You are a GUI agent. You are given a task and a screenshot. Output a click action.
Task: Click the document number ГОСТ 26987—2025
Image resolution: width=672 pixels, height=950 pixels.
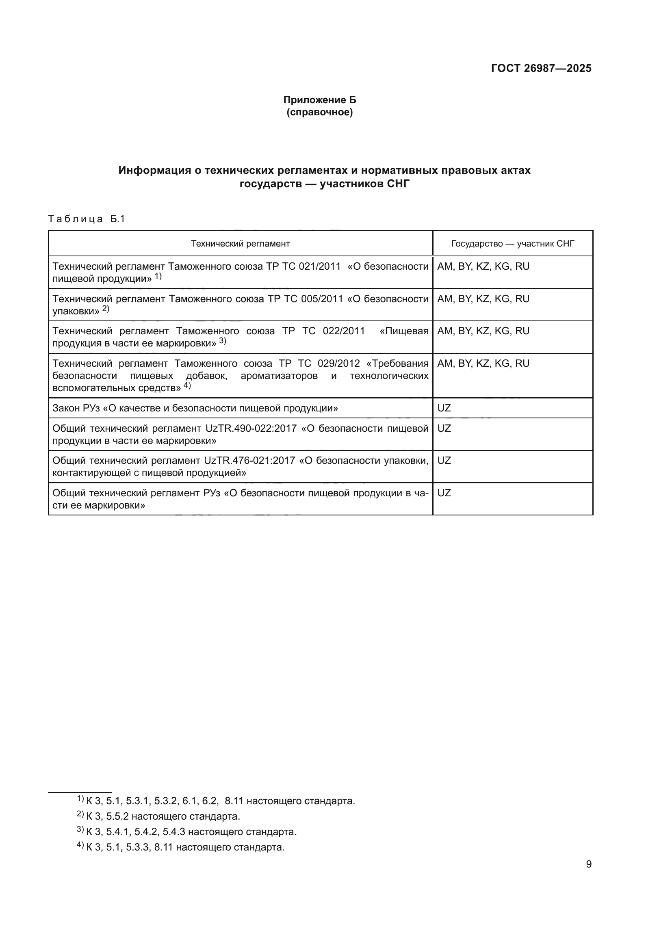coord(541,68)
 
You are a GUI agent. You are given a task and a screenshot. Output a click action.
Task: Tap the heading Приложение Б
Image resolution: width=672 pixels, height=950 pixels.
coord(319,100)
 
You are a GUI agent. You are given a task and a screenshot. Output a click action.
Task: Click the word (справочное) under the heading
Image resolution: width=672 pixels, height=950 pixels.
coord(319,112)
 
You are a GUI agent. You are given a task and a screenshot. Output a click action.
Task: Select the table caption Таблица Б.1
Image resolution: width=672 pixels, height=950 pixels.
coord(87,219)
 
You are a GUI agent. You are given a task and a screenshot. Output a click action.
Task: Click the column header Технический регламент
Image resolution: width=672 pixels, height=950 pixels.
coord(240,244)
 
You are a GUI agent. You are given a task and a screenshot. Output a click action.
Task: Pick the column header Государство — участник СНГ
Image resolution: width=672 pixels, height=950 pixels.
coord(512,244)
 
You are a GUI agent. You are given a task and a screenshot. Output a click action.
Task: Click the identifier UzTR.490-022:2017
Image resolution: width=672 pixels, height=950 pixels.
coord(251,428)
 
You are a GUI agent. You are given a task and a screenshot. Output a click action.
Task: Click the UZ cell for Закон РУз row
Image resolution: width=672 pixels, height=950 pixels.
coord(444,408)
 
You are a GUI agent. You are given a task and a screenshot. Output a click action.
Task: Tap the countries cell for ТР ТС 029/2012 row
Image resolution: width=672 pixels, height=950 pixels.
coord(483,363)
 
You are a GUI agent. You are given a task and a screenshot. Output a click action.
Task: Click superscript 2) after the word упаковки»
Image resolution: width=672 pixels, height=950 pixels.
coord(106,309)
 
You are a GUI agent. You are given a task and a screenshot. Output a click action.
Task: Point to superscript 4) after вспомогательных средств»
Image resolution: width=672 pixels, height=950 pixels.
coord(187,385)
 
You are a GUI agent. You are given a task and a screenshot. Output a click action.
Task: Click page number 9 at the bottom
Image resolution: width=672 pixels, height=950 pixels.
coord(588,864)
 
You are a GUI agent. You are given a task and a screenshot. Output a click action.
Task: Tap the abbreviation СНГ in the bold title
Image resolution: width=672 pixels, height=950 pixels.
coord(398,184)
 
